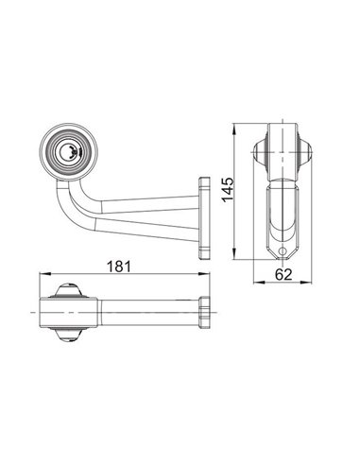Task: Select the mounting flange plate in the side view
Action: click(x=203, y=216)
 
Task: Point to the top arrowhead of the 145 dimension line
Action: click(x=231, y=126)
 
